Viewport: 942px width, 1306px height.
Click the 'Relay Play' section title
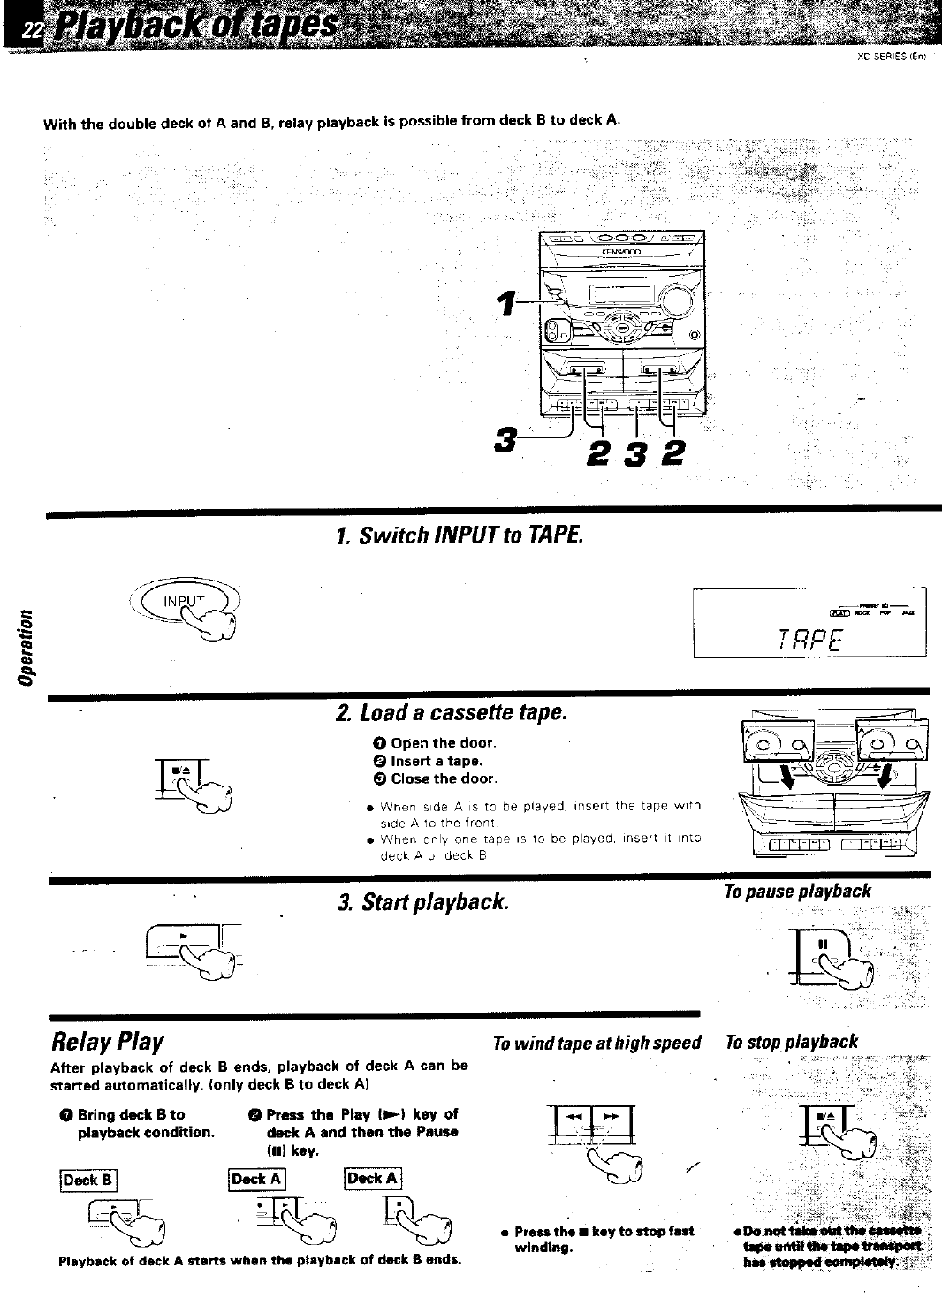[109, 1042]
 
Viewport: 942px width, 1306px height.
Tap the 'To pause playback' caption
[797, 891]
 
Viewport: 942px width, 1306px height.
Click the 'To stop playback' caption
[791, 1042]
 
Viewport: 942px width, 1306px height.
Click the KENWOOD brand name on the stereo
[619, 251]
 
